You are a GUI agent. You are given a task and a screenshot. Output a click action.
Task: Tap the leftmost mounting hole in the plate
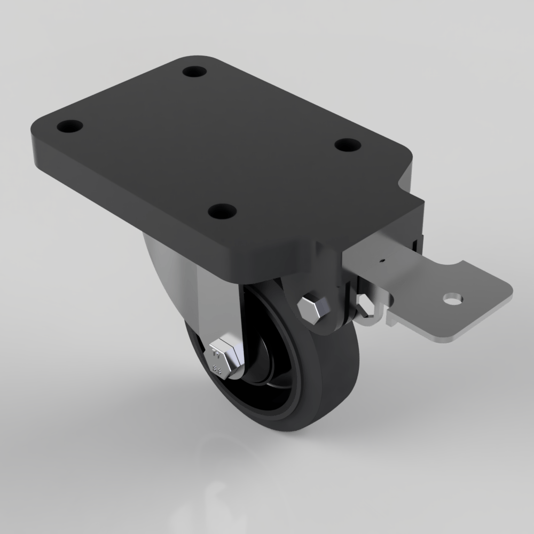pyautogui.click(x=70, y=128)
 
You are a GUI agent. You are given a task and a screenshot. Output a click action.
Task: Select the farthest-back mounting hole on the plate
pyautogui.click(x=194, y=71)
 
